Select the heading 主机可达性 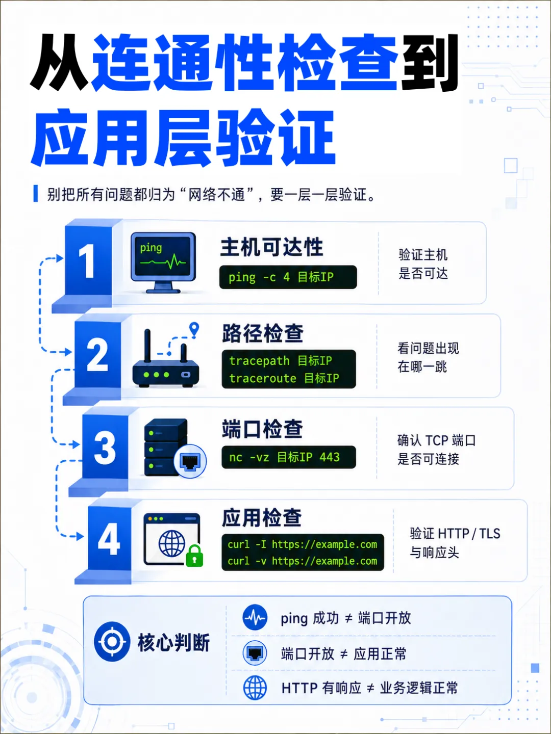(x=271, y=247)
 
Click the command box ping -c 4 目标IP (x=288, y=277)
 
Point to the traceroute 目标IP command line (x=284, y=378)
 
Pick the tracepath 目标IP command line (x=281, y=361)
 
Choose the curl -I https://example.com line (x=303, y=544)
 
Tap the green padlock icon (x=194, y=556)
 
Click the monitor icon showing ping (x=163, y=263)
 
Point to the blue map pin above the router (x=194, y=329)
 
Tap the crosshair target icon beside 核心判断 (x=112, y=641)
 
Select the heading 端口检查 (x=262, y=429)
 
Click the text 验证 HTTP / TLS (x=455, y=534)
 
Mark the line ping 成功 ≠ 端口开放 (x=345, y=618)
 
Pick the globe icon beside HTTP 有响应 (x=255, y=688)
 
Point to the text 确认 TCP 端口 (x=436, y=440)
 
